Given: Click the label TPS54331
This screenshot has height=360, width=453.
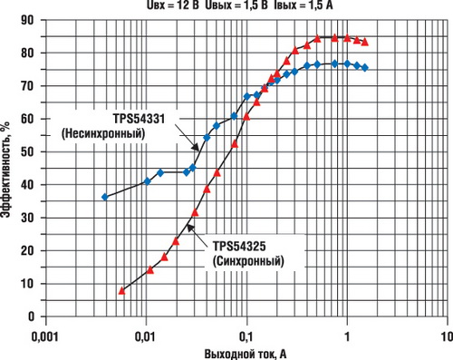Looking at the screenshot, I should click(x=145, y=120).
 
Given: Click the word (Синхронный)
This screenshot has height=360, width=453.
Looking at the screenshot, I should click(x=247, y=261).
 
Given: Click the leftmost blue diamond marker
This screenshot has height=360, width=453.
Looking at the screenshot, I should click(x=104, y=197).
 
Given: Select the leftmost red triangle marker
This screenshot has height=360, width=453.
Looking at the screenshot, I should click(x=121, y=290).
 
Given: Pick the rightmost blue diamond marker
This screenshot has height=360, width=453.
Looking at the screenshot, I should click(x=365, y=68).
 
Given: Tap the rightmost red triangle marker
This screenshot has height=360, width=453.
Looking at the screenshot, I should click(x=365, y=42).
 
